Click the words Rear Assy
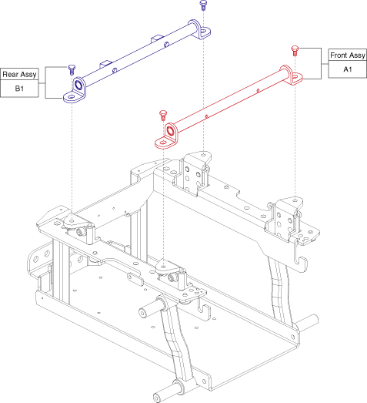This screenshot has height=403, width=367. pos(23,75)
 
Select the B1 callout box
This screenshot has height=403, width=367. pos(23,89)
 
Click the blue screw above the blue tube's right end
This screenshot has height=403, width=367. pos(203,6)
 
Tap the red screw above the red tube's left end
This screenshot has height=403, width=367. pos(162,114)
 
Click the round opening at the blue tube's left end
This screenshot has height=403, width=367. pos(78,84)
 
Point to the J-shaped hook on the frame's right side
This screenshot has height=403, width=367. pos(302,259)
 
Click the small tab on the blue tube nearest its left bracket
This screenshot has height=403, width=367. pos(106,62)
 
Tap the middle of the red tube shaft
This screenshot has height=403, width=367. pos(231,99)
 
